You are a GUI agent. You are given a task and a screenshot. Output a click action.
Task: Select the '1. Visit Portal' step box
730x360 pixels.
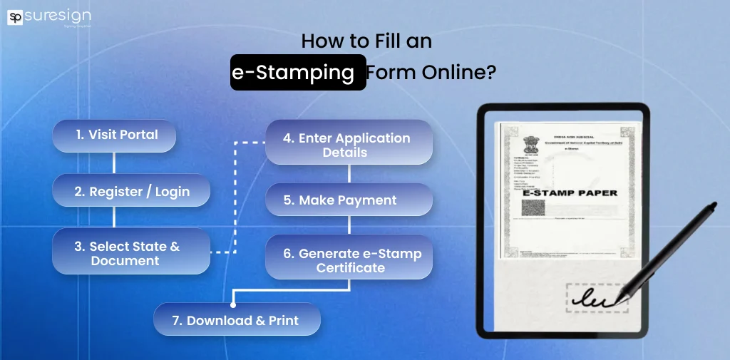[x=114, y=135]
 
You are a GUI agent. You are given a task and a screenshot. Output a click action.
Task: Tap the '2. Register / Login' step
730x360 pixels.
[x=132, y=191]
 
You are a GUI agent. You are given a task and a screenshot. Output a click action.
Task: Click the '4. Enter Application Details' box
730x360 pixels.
[x=349, y=144]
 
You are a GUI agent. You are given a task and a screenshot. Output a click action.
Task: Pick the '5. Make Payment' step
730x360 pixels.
[x=349, y=200]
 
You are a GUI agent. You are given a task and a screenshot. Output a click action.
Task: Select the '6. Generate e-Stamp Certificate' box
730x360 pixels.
[x=349, y=260]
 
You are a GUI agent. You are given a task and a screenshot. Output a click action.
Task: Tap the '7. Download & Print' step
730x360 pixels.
[x=237, y=320]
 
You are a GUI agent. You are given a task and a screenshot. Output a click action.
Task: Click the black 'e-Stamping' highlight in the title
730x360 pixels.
[x=298, y=73]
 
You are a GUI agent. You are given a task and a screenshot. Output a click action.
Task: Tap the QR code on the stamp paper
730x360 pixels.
[x=533, y=209]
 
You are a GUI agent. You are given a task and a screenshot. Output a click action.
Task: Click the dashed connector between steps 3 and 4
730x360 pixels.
[x=235, y=200]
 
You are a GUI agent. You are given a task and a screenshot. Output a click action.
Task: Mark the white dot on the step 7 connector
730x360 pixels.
[x=233, y=305]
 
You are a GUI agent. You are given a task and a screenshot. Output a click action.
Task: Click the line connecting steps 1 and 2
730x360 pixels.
[x=114, y=163]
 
